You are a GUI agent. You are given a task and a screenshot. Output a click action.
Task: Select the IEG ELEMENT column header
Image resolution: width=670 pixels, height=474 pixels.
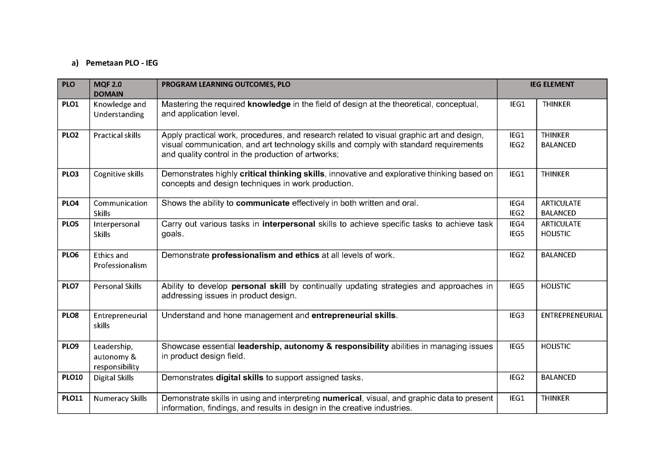[x=552, y=84]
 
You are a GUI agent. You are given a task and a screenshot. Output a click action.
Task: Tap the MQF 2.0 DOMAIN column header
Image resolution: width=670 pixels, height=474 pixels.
[x=108, y=89]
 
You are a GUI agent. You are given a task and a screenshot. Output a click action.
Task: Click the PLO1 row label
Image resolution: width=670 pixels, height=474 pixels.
[x=70, y=104]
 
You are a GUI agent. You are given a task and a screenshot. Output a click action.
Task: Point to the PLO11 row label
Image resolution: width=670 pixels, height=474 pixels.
[x=72, y=398]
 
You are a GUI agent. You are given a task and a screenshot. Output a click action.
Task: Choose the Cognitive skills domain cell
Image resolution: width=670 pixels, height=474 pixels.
[x=118, y=174]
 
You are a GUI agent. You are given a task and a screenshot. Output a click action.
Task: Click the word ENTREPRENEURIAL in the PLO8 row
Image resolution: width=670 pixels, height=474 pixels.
[x=572, y=315]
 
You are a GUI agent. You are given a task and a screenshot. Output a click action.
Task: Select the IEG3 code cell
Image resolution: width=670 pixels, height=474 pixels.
[x=517, y=315]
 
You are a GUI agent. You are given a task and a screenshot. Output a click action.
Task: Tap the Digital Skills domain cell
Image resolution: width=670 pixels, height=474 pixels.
[x=113, y=378]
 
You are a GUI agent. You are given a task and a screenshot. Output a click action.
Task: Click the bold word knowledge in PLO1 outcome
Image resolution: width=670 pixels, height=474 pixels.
[x=269, y=104]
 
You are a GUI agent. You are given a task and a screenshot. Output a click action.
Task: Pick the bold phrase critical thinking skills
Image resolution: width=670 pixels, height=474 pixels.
[x=282, y=174]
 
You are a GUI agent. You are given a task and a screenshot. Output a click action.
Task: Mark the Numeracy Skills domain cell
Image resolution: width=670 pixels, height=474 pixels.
[x=120, y=398]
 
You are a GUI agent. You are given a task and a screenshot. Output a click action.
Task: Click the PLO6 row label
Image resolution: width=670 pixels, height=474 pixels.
[x=70, y=255]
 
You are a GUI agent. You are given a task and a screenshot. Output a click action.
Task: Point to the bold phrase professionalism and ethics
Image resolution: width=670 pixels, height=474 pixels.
[x=265, y=255]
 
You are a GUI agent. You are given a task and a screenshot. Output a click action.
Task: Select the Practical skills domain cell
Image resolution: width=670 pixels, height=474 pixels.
[x=117, y=135]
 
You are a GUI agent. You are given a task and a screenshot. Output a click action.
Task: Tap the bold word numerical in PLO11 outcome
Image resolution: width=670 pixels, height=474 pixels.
[x=342, y=398]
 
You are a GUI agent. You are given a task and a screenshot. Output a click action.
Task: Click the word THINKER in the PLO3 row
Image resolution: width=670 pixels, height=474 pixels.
[x=555, y=174]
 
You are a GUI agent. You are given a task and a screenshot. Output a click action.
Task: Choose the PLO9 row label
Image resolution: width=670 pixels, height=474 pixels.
[x=70, y=346]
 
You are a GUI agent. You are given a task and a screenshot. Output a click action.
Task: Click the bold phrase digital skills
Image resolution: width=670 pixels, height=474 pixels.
[x=239, y=378]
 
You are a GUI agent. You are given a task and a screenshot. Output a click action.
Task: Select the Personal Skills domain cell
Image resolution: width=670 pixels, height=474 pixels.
[x=117, y=286]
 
